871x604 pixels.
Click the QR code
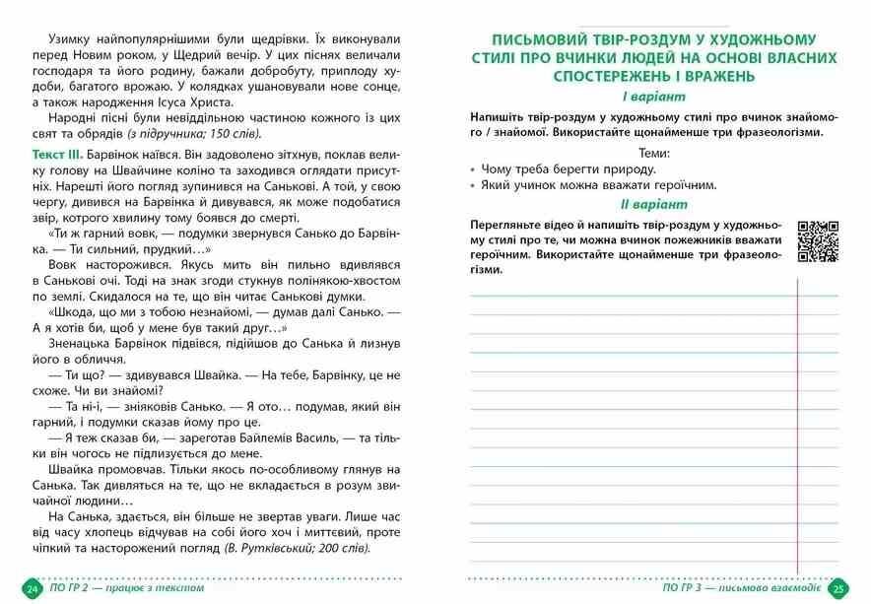tap(817, 241)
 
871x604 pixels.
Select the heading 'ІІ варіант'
tap(652, 205)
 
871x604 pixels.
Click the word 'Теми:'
tap(653, 153)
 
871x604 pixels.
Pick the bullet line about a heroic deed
tap(597, 184)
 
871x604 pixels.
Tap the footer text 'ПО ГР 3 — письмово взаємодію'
tap(744, 588)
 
